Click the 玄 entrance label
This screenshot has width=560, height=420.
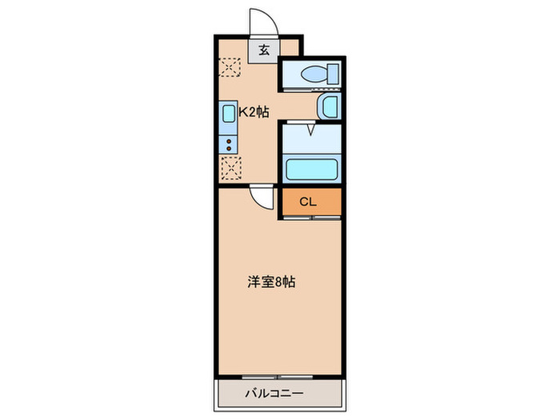263,50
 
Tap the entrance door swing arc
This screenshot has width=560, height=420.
261,22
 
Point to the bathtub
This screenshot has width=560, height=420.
311,170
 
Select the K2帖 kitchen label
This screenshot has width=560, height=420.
255,112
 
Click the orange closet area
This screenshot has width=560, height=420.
323,202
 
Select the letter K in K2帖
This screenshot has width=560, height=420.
243,112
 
